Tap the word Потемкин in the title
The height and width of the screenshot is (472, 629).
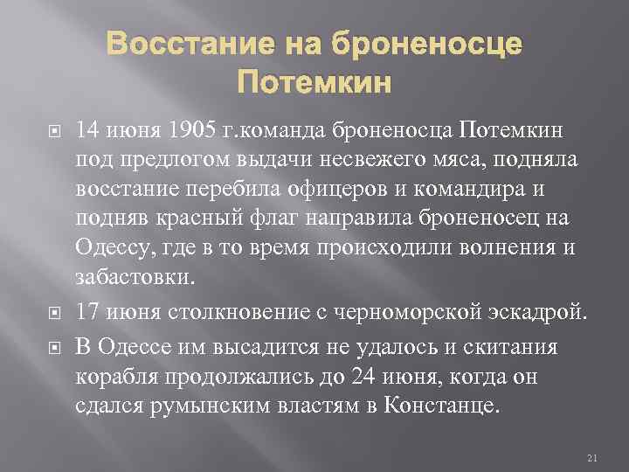[x=315, y=85]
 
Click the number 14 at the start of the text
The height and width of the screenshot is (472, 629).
[x=88, y=132]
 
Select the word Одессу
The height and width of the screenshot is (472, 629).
[x=109, y=247]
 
